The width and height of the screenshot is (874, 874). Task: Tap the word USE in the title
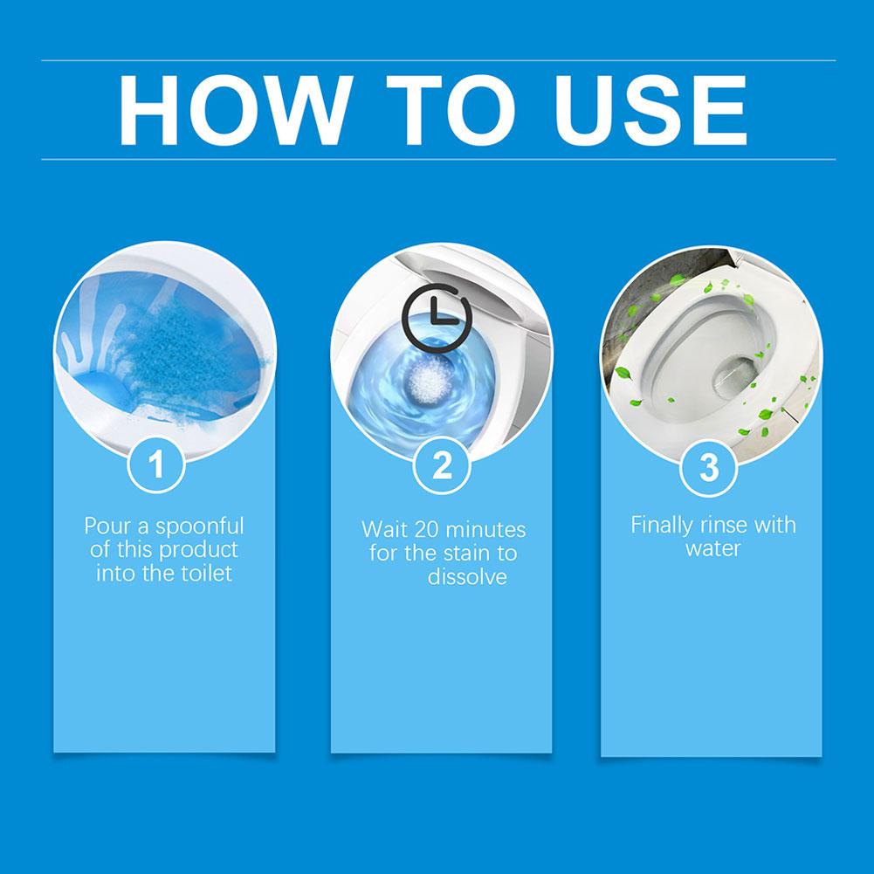point(645,110)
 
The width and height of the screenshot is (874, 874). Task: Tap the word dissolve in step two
point(467,577)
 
